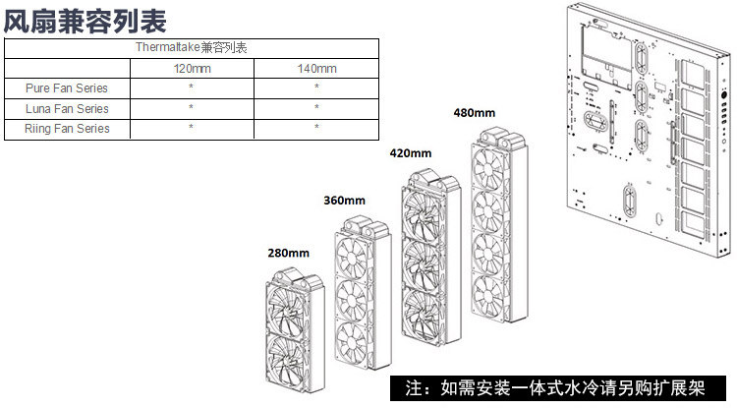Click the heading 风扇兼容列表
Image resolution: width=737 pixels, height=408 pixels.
tap(85, 19)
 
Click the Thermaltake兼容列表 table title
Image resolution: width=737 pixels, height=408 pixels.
tap(191, 48)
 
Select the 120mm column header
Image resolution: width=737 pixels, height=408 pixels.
tap(191, 68)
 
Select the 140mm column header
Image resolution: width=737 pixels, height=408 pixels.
tap(316, 68)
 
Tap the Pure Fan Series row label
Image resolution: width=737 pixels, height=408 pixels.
tap(66, 88)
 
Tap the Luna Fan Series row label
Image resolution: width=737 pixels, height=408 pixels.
tap(66, 108)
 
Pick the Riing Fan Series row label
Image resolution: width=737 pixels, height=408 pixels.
tap(66, 129)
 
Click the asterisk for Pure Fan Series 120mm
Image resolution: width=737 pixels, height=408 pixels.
tap(191, 88)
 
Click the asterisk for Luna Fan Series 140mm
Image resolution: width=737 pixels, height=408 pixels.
tap(316, 108)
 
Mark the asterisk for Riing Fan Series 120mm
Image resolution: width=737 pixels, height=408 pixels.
tap(191, 129)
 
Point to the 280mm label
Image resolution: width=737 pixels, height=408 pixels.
tap(286, 253)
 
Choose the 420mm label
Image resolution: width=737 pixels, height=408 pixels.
tap(412, 153)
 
